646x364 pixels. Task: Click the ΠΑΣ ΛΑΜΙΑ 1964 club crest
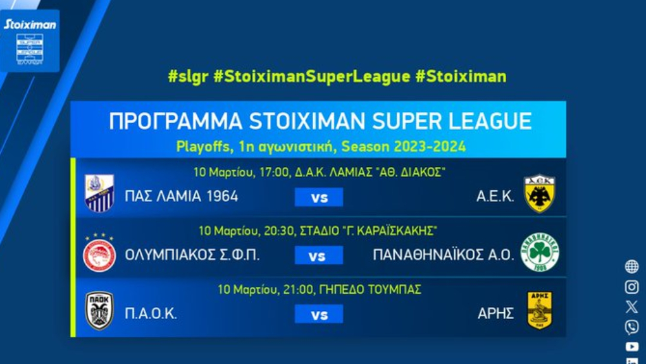coord(99,193)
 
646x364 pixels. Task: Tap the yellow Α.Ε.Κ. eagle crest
coord(539,193)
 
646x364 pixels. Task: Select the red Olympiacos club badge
coord(99,253)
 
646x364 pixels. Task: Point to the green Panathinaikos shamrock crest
coord(540,253)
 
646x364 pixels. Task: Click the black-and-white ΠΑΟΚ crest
coord(99,310)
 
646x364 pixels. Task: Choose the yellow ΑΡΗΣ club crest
coord(539,310)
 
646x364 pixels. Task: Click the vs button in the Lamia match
coord(319,197)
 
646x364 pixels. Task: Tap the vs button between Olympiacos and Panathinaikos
coord(319,255)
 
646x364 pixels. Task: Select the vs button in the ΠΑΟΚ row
coord(319,314)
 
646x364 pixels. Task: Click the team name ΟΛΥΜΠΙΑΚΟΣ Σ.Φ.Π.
coord(192,255)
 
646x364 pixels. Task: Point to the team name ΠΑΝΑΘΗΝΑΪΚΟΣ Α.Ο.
coord(444,255)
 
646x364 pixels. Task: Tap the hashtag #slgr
coord(188,76)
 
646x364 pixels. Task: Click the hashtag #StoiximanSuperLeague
coord(312,76)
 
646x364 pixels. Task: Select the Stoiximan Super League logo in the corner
coord(30,41)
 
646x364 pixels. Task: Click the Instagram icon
coord(631,287)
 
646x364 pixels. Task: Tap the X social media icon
coord(631,307)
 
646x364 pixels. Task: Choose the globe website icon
coord(631,267)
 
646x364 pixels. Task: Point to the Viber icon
coord(631,327)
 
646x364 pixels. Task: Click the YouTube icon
coord(632,346)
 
